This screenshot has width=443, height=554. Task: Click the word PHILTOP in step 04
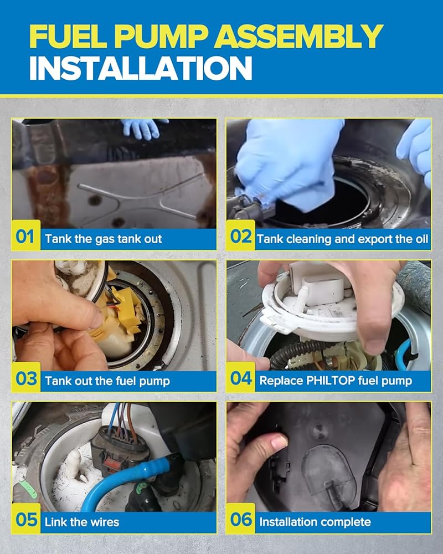click(330, 381)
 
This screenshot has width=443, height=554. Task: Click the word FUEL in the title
click(68, 37)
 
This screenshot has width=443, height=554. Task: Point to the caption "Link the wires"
click(82, 522)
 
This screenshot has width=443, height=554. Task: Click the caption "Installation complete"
click(315, 522)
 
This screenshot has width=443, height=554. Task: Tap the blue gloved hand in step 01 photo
click(141, 128)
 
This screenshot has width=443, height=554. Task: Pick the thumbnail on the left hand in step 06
click(279, 442)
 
